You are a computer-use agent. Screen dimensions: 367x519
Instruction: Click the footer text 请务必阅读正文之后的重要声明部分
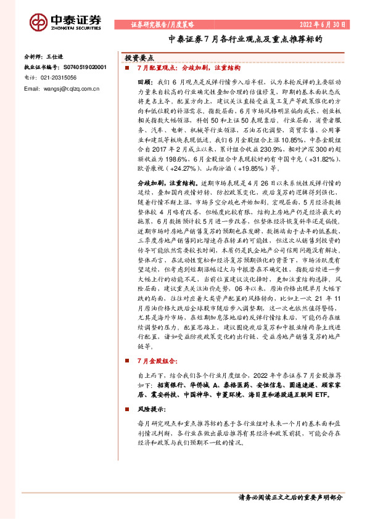[x=289, y=497]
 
